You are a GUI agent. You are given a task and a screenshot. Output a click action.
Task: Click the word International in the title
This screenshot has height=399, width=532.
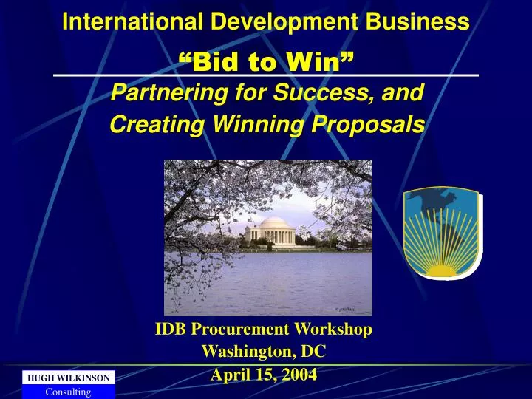point(133,21)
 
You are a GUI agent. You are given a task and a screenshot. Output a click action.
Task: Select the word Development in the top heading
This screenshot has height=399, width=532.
point(284,22)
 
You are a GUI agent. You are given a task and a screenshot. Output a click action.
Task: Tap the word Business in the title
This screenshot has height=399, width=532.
point(417,21)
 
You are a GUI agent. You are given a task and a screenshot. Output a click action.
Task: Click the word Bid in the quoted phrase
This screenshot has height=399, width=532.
point(216,61)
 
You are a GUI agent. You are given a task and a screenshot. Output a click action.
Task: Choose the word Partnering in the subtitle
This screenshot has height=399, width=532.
point(169,92)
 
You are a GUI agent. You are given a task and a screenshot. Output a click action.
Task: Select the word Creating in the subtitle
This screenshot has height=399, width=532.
point(157,124)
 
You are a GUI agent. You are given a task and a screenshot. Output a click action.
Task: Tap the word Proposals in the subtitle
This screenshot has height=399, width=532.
point(368,124)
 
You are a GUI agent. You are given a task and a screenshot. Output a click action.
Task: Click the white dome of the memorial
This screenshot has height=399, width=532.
point(273,224)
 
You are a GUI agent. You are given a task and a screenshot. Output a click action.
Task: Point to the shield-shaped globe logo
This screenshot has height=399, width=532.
point(443,233)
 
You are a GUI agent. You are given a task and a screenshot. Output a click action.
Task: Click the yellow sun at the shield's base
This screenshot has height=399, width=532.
point(441,270)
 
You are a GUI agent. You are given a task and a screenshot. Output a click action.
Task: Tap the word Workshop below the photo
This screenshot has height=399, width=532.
point(332,330)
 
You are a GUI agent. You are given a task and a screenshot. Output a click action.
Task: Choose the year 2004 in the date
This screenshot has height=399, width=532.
point(299,375)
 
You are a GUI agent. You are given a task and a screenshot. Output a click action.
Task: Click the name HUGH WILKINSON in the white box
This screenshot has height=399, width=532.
point(69,378)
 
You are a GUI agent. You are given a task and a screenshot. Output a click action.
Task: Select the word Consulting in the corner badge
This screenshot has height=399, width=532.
point(68,392)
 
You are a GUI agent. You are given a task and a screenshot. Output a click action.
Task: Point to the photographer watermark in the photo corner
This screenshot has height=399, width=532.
point(345,309)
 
